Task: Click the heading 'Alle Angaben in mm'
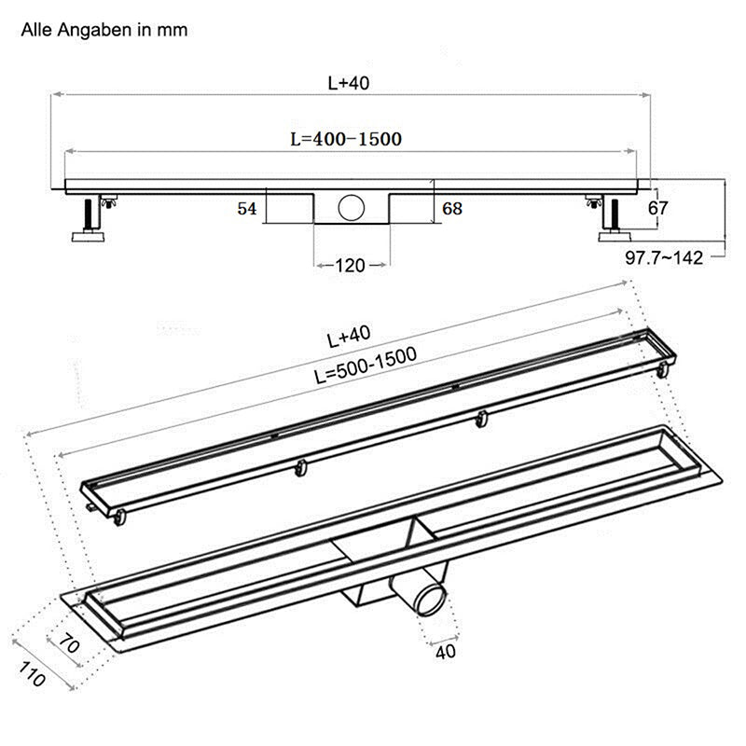point(104,30)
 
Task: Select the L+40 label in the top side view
point(349,83)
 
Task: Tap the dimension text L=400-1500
point(345,139)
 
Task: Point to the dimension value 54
point(246,209)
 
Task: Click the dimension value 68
point(452,209)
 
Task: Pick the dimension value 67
point(658,208)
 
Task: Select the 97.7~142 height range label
point(664,258)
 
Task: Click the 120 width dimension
point(350,266)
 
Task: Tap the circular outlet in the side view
point(352,207)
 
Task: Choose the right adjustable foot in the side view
point(615,219)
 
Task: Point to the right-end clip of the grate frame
point(662,370)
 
